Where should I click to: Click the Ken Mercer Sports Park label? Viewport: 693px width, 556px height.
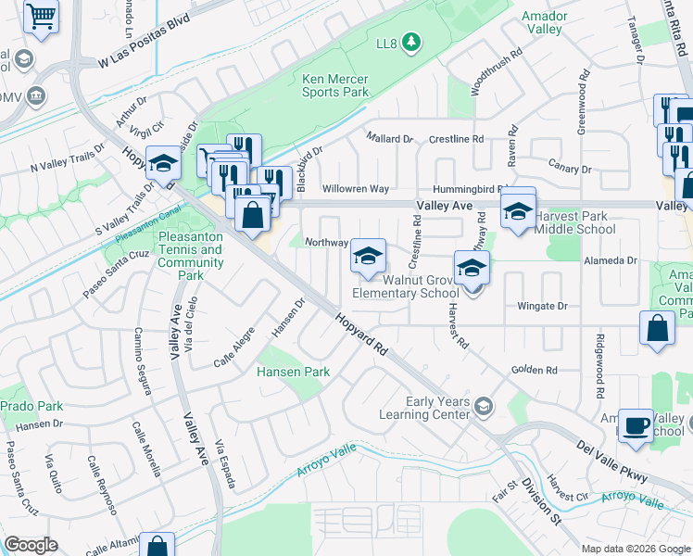pos(335,85)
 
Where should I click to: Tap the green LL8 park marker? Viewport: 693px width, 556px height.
pos(412,42)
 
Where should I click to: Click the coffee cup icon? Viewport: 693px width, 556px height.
pos(636,425)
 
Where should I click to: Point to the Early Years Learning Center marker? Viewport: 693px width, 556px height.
pos(484,405)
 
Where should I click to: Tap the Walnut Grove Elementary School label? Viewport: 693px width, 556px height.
pos(405,286)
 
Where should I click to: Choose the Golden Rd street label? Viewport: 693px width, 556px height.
pos(537,370)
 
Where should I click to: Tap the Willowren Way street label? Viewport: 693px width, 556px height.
pos(356,188)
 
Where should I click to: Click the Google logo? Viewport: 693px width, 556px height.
pos(31,545)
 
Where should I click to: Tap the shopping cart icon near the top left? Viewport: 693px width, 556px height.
pos(41,15)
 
